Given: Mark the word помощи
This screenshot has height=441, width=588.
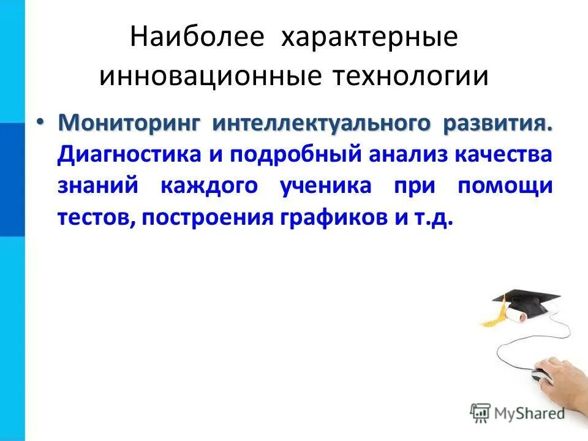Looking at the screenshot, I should pos(505,186).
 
